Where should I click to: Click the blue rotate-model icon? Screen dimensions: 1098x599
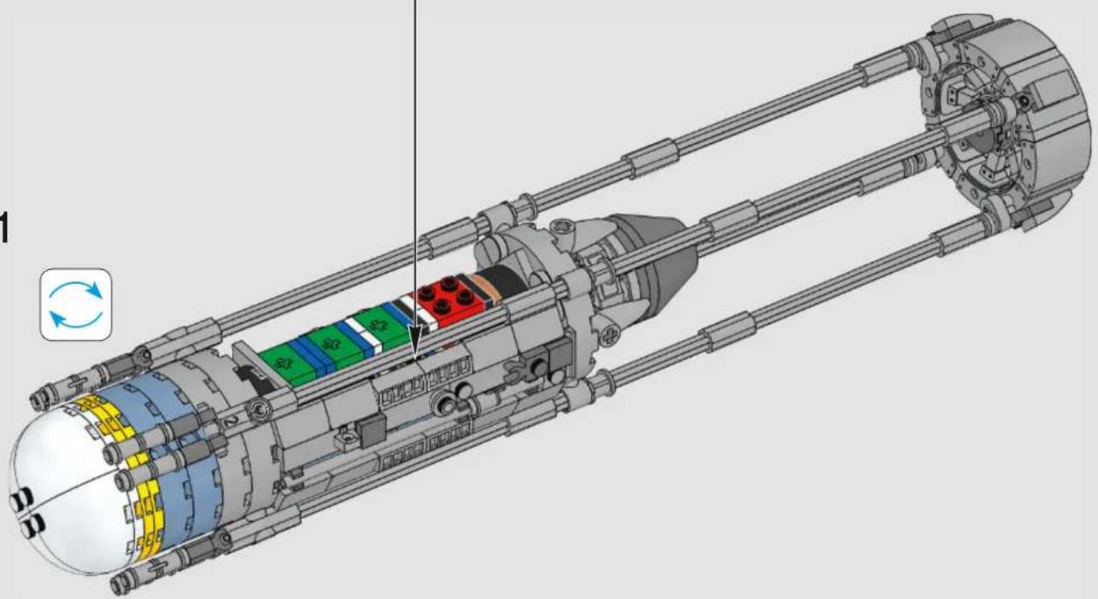pos(76,305)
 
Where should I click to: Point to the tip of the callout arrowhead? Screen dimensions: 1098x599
pos(415,362)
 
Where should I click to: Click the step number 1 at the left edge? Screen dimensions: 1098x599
pos(4,227)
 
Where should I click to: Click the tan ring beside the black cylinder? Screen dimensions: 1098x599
pos(486,289)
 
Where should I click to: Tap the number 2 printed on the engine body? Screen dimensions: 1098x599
pos(232,420)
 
